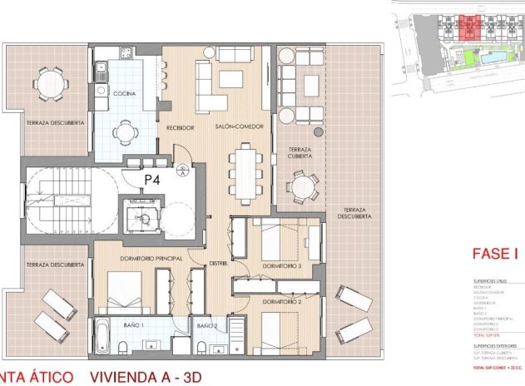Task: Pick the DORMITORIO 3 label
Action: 282,265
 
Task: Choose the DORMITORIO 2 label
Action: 282,300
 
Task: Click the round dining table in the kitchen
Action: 125,131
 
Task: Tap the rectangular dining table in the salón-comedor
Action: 245,167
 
